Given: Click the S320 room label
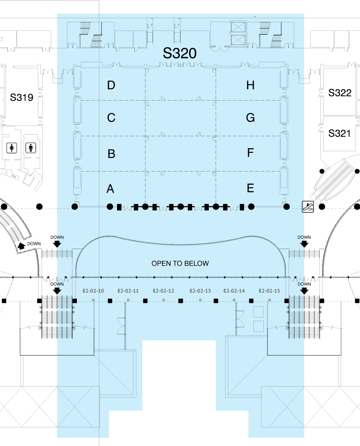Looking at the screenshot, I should pos(179,54).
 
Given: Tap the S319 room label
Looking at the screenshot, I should pos(22,98).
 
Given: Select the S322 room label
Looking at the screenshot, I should pos(340,93).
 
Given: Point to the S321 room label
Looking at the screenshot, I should pos(340,133).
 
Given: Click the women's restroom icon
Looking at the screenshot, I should pos(12,148).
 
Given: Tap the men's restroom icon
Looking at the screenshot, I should pos(30,148).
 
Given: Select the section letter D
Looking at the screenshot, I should pos(111,85).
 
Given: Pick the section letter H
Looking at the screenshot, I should pos(250,85).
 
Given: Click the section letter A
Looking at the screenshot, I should pos(110,189).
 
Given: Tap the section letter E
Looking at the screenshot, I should pos(250,188).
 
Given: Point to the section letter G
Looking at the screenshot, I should pos(250,118).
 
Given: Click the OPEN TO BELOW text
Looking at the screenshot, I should pos(180,264).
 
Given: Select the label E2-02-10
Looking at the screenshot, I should pos(93,291).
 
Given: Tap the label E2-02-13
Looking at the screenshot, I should pos(200,291).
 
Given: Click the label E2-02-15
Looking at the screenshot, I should pos(269,291).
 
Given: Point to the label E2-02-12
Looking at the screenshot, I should pos(164,291).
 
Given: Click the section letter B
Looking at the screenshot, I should pos(111,154).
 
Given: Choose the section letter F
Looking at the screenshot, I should pos(250,153).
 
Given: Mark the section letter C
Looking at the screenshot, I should pos(111,118).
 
